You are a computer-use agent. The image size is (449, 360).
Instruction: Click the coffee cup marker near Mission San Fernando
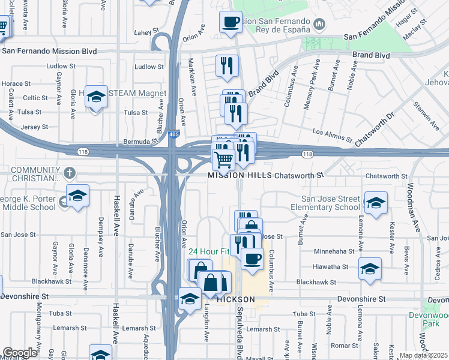coord(231,23)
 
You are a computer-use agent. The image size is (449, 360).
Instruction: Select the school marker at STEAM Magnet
coord(95,97)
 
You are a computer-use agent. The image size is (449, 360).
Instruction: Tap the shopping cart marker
coord(223,160)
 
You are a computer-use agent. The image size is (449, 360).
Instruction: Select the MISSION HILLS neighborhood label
coord(239,176)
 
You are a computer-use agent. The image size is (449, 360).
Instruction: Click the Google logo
coord(20,353)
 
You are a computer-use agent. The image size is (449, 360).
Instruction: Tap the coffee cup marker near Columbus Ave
coord(253,259)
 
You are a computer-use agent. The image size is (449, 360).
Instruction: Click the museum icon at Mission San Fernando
coord(319,25)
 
